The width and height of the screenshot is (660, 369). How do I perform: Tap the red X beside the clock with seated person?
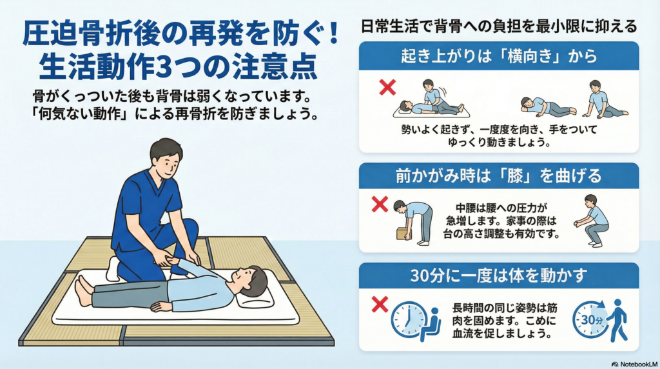[380, 304]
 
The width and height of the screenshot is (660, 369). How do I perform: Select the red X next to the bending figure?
[380, 204]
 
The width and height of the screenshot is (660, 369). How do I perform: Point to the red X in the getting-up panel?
[387, 87]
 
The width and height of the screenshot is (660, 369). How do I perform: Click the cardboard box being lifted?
[404, 233]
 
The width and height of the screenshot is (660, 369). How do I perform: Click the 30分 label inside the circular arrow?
[592, 320]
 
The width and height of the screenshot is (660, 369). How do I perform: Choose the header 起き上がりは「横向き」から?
[499, 56]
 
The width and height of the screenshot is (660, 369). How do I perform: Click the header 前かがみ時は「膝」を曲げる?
[499, 175]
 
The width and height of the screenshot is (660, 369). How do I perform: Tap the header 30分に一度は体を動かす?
[499, 275]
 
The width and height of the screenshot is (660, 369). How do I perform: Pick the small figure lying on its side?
[548, 107]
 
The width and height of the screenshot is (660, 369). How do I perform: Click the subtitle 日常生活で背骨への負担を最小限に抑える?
[499, 26]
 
